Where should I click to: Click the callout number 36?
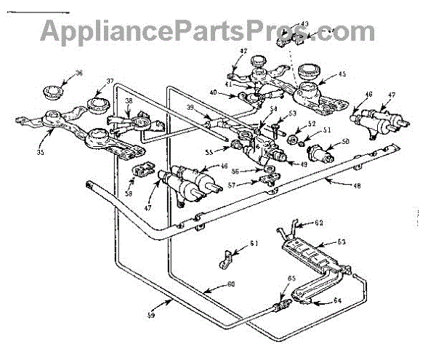tap(79, 73)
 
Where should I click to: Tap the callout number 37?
tap(110, 81)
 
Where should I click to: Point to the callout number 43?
tap(304, 24)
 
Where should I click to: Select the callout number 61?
tap(254, 244)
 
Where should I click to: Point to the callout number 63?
tap(341, 242)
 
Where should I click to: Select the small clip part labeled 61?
tap(228, 256)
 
